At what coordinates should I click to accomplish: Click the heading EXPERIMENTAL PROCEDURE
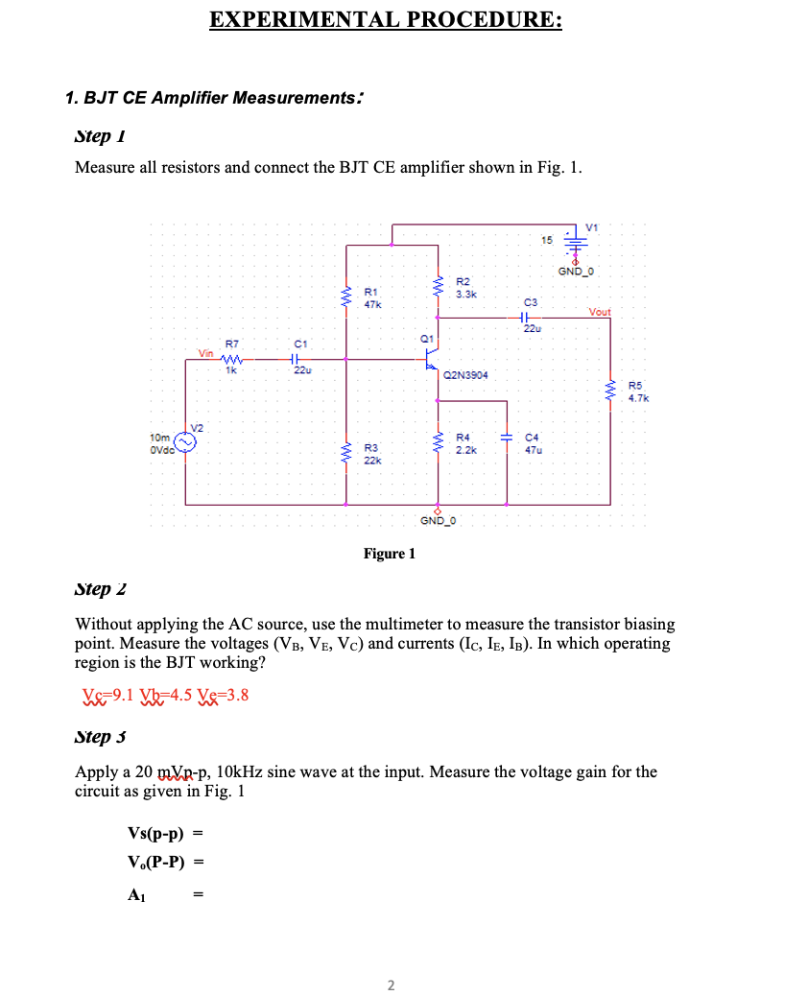click(x=386, y=19)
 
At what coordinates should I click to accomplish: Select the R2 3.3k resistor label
click(x=464, y=288)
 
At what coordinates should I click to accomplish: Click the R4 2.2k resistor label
click(x=464, y=443)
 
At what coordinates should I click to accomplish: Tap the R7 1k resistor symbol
click(x=232, y=360)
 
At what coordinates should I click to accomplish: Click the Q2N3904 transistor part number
click(x=465, y=375)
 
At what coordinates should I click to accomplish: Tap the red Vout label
click(x=600, y=312)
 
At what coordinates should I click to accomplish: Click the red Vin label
click(x=206, y=353)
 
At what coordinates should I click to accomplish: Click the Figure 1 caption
click(x=389, y=554)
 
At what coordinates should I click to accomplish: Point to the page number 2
click(x=390, y=984)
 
